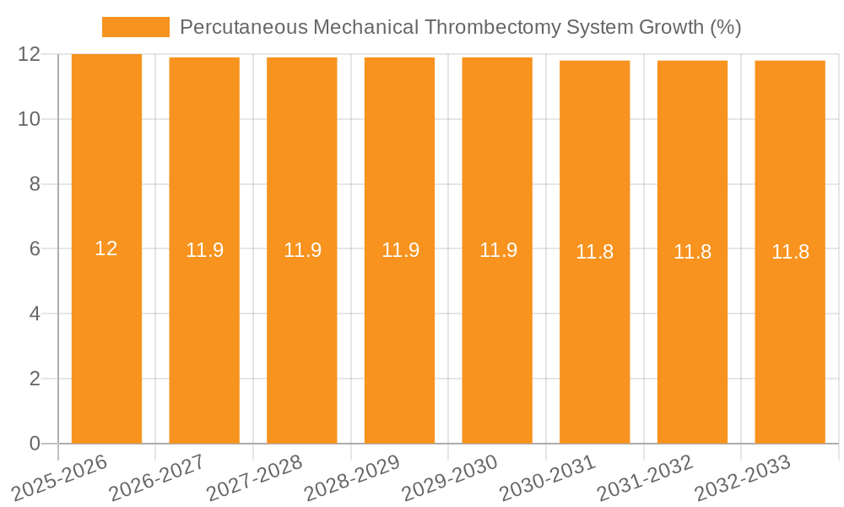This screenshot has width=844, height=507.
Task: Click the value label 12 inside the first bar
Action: [106, 248]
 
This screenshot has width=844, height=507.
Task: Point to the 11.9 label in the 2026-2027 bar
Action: [204, 250]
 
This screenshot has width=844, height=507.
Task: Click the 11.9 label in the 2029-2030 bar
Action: [498, 250]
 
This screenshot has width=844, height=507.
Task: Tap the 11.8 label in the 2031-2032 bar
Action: [692, 252]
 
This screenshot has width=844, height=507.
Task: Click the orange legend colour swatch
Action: [135, 27]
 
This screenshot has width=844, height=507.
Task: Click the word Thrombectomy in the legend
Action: [484, 27]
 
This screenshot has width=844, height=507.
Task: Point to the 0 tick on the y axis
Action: [35, 444]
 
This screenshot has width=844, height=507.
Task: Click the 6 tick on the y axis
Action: [35, 249]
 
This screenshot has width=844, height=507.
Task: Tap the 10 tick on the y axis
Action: [30, 119]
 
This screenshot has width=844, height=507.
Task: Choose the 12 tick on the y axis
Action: [30, 55]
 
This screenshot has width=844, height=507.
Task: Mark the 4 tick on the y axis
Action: [35, 314]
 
